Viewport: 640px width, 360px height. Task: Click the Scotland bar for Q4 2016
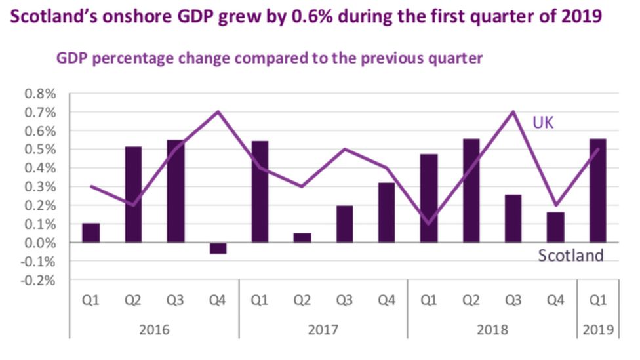tap(218, 248)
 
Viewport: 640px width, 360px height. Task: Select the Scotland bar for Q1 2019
tap(597, 190)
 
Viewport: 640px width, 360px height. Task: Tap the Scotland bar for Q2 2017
tap(302, 237)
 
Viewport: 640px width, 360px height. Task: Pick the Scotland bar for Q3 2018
tap(513, 218)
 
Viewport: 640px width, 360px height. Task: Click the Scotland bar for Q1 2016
tap(91, 233)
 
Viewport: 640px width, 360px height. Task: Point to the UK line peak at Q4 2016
tap(218, 111)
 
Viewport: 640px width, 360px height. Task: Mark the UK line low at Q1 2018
tap(429, 224)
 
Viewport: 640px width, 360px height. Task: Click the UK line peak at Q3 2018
tap(513, 111)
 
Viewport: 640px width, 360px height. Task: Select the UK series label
tap(544, 122)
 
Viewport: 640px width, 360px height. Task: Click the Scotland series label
tap(570, 256)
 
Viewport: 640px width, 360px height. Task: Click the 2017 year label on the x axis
tap(323, 329)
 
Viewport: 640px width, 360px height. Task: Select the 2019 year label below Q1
tap(597, 329)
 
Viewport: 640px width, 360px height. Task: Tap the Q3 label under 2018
tap(513, 300)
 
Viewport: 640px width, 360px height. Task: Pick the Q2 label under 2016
tap(134, 300)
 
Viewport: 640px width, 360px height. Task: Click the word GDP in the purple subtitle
tap(73, 58)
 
